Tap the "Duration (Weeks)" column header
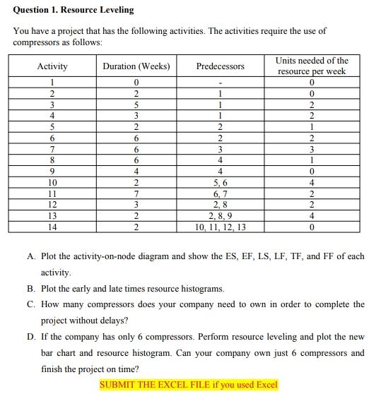coord(136,66)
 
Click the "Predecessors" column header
coord(221,66)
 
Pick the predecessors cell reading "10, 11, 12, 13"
coord(221,227)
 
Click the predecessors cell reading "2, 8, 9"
coord(221,216)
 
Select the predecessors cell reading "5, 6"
coord(221,182)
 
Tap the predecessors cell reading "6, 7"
coord(221,193)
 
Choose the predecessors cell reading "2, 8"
coord(221,205)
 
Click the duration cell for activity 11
coord(136,193)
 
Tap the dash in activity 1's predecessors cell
coord(221,82)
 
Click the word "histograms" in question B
coord(201,289)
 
